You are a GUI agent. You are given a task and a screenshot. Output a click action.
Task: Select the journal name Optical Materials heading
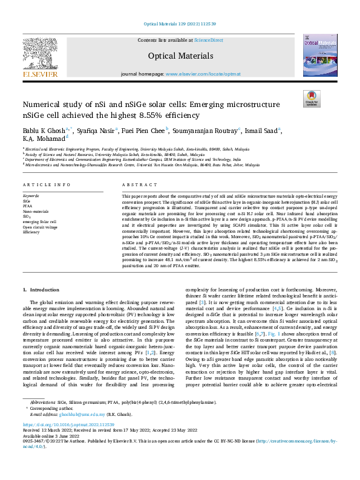coord(180,56)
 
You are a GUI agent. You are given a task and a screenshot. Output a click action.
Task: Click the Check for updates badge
coord(312,99)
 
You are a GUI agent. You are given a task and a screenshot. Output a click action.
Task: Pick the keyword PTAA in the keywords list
coord(28,206)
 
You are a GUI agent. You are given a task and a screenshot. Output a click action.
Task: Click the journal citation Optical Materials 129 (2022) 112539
coord(180,24)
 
